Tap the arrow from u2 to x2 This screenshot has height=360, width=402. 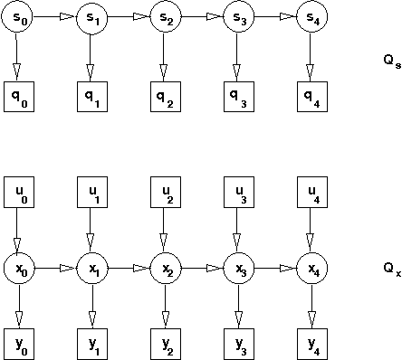coord(164,230)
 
